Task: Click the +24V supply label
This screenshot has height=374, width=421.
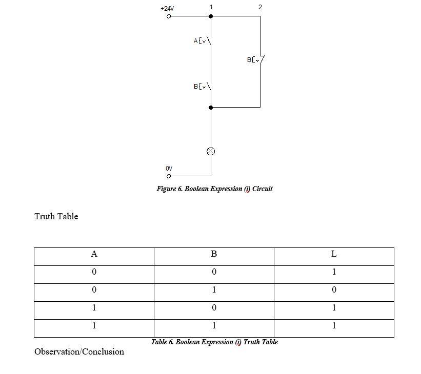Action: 167,9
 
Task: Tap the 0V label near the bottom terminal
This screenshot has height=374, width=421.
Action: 169,168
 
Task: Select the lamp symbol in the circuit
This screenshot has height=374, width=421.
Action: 211,151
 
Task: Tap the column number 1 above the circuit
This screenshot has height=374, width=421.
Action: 211,7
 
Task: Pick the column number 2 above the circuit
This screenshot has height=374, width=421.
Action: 260,7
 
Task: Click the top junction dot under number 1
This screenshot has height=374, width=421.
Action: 211,16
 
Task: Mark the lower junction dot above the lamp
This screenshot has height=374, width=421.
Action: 211,108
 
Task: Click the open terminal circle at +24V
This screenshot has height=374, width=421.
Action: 169,16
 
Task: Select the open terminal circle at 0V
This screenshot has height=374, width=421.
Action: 169,176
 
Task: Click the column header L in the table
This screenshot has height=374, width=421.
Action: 334,254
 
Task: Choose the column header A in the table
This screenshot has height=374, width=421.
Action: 94,254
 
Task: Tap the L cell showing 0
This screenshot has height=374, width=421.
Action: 334,290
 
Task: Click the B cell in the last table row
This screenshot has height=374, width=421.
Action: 214,326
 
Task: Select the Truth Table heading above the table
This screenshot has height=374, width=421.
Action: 56,216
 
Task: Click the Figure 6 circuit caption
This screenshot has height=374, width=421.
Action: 214,189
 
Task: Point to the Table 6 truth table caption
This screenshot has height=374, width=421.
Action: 214,342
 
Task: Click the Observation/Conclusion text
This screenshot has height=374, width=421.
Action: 79,351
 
